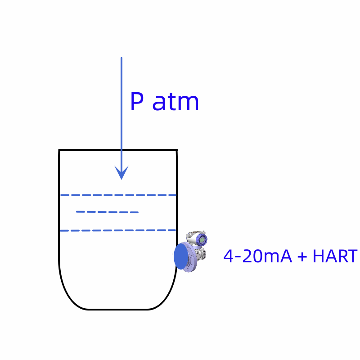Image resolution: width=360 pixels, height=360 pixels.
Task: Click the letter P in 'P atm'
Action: point(137,102)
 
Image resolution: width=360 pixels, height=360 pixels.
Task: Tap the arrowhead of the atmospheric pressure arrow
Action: point(121,173)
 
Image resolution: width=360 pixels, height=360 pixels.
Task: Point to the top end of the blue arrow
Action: point(121,58)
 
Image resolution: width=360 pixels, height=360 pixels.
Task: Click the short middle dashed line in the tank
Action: point(107,212)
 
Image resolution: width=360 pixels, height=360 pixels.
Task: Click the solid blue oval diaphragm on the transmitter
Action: point(180,256)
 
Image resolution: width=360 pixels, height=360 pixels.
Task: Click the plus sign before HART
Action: point(302,257)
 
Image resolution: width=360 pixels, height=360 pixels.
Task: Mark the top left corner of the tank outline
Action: point(59,150)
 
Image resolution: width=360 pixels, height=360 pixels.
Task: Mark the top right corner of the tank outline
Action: point(176,150)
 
